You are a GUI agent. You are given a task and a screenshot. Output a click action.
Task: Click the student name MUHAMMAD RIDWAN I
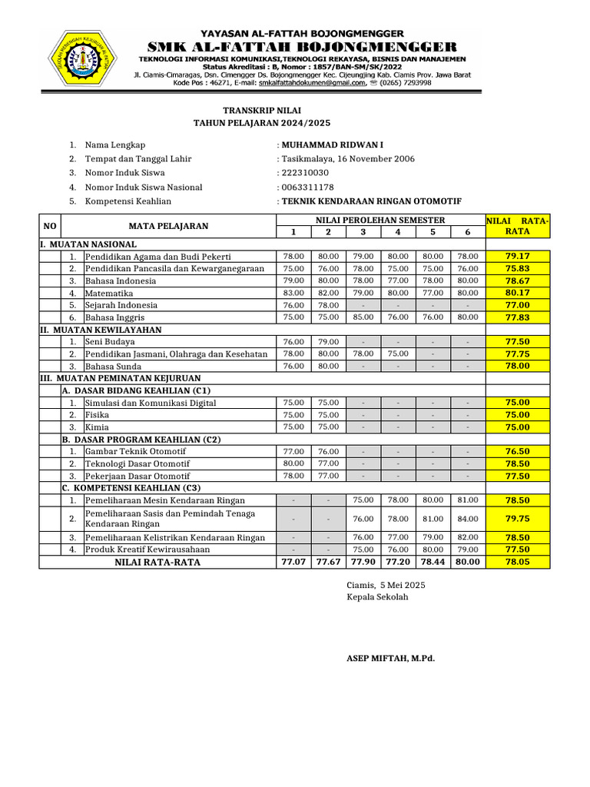[x=332, y=144]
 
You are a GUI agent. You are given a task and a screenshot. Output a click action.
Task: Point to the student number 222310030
[x=306, y=173]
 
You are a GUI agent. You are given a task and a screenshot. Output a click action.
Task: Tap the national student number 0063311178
[x=308, y=187]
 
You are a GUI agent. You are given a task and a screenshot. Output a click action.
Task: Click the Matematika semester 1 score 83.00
[x=293, y=293]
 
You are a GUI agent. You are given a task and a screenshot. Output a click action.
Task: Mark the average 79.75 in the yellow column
[x=517, y=519]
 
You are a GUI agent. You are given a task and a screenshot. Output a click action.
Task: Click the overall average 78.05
[x=517, y=562]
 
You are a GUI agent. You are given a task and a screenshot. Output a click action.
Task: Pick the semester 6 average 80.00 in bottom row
[x=468, y=562]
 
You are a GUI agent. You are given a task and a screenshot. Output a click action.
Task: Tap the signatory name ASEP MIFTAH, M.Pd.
[x=391, y=659]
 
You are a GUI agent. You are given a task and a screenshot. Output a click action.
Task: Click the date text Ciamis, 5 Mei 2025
[x=386, y=586]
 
